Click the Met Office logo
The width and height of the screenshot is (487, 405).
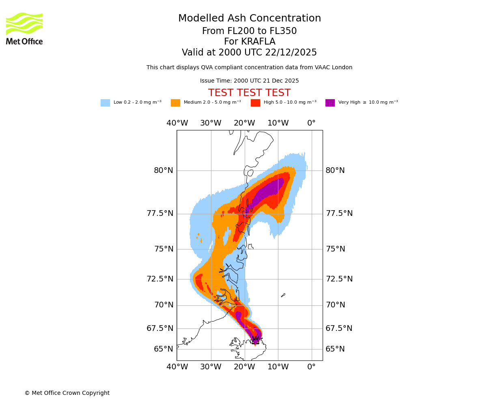[x=24, y=29]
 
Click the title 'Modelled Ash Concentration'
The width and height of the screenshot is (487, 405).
[x=250, y=19]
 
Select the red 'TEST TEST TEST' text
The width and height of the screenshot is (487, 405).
[x=249, y=93]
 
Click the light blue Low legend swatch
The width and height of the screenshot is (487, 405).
[x=105, y=103]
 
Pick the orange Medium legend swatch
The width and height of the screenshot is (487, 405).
[x=175, y=103]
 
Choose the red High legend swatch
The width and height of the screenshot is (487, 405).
[x=255, y=103]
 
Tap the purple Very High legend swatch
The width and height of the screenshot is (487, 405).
[x=330, y=103]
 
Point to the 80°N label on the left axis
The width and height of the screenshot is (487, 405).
[x=163, y=171]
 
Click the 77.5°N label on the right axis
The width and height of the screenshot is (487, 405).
[x=339, y=213]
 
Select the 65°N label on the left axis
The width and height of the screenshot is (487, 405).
[x=163, y=349]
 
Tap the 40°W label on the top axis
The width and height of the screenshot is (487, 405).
[x=177, y=123]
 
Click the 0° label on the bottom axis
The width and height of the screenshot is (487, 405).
[x=311, y=367]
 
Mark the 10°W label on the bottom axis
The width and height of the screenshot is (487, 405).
[x=278, y=367]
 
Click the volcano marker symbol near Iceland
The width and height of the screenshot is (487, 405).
[x=255, y=340]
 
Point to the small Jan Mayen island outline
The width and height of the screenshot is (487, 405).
[x=283, y=295]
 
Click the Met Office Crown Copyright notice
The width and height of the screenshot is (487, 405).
[x=67, y=393]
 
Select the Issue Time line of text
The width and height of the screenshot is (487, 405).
[x=249, y=81]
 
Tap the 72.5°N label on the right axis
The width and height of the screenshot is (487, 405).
[x=339, y=279]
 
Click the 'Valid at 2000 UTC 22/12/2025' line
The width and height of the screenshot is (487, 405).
[x=249, y=53]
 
